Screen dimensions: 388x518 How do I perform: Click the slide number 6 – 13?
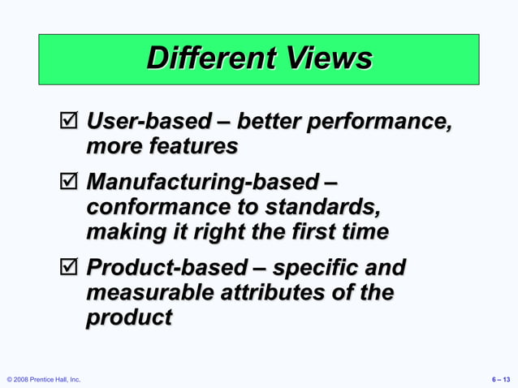501,379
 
